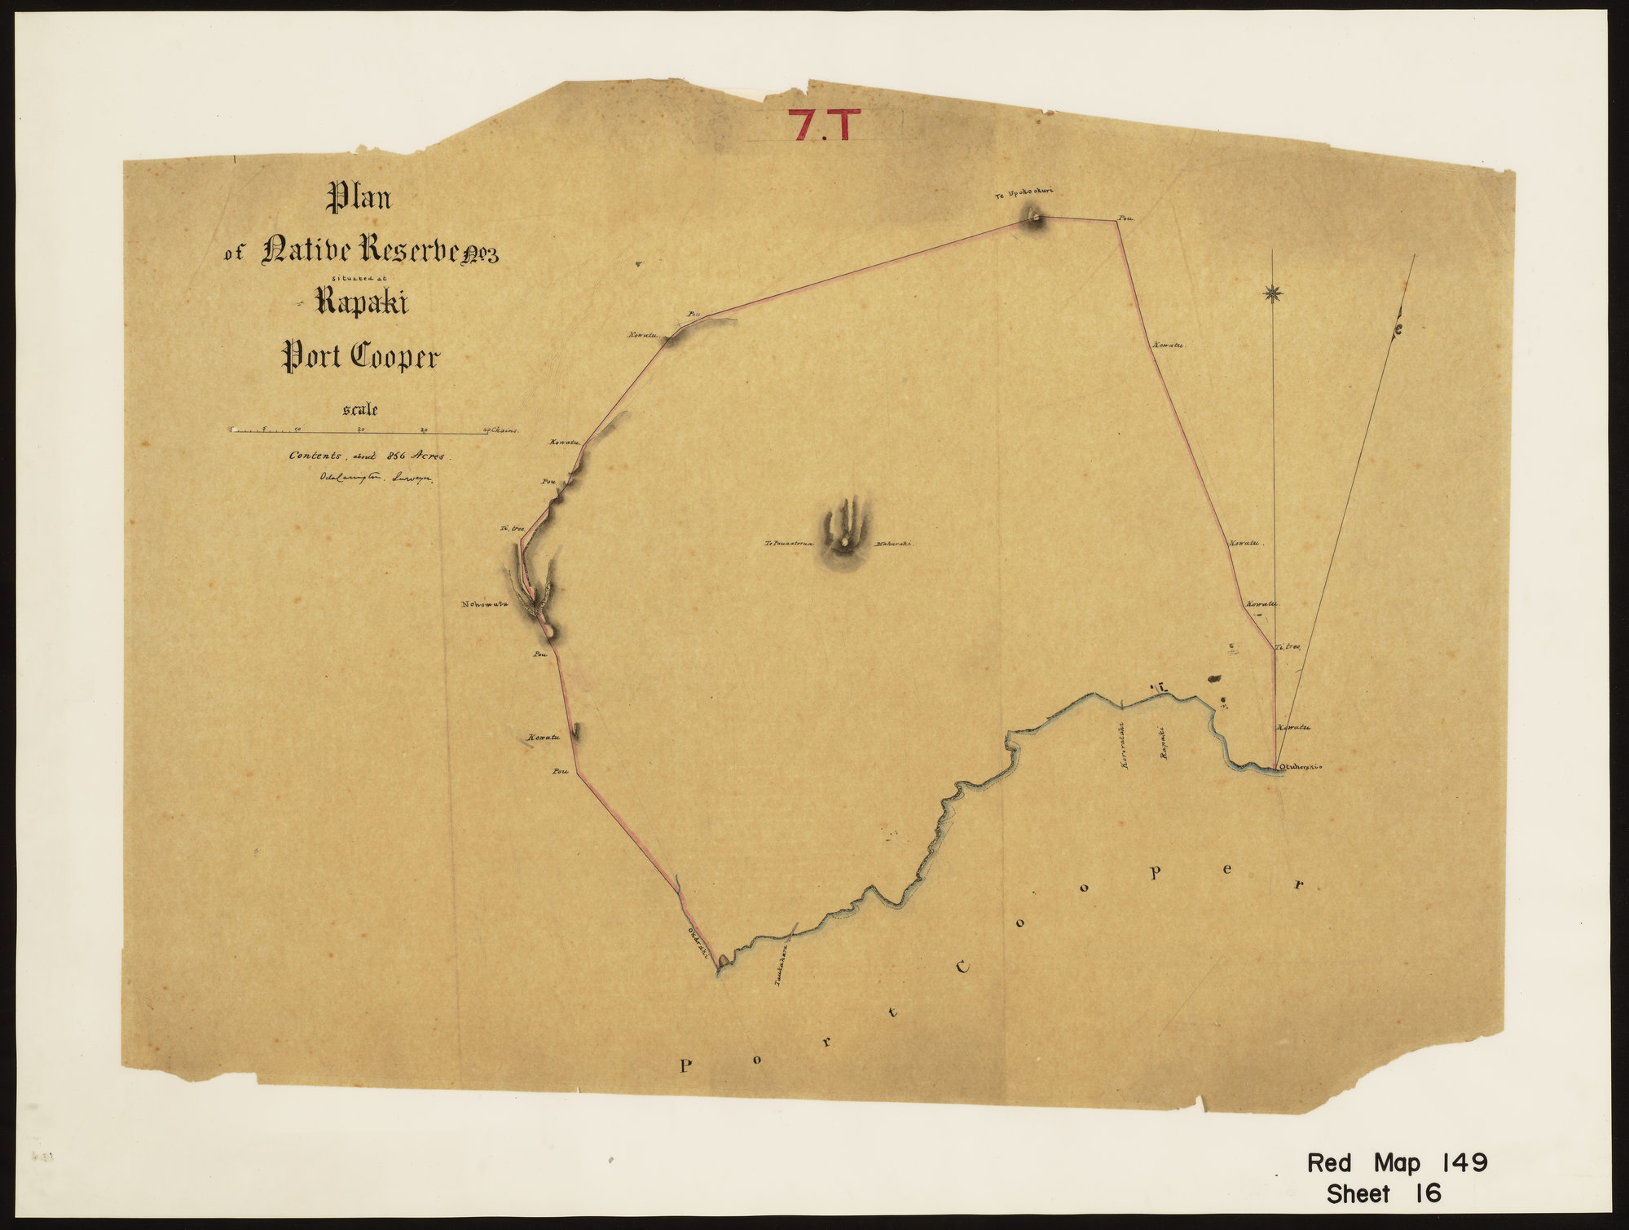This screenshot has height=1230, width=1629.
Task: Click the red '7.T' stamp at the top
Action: pyautogui.click(x=825, y=124)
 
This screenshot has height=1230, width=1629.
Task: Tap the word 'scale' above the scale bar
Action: pyautogui.click(x=361, y=410)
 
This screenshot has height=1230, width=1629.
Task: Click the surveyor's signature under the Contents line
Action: pyautogui.click(x=371, y=479)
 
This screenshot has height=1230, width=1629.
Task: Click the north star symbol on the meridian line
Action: pyautogui.click(x=1272, y=293)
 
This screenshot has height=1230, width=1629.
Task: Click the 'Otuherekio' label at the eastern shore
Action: pyautogui.click(x=1299, y=766)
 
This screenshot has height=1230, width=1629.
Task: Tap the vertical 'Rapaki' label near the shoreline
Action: pyautogui.click(x=1165, y=743)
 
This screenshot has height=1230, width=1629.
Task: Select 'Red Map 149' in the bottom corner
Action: pyautogui.click(x=1397, y=1163)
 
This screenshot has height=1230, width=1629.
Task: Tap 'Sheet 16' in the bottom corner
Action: pyautogui.click(x=1384, y=1194)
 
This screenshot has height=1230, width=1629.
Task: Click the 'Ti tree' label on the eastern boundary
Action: pyautogui.click(x=1288, y=646)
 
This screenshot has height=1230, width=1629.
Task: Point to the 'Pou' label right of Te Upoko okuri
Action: pyautogui.click(x=1126, y=218)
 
